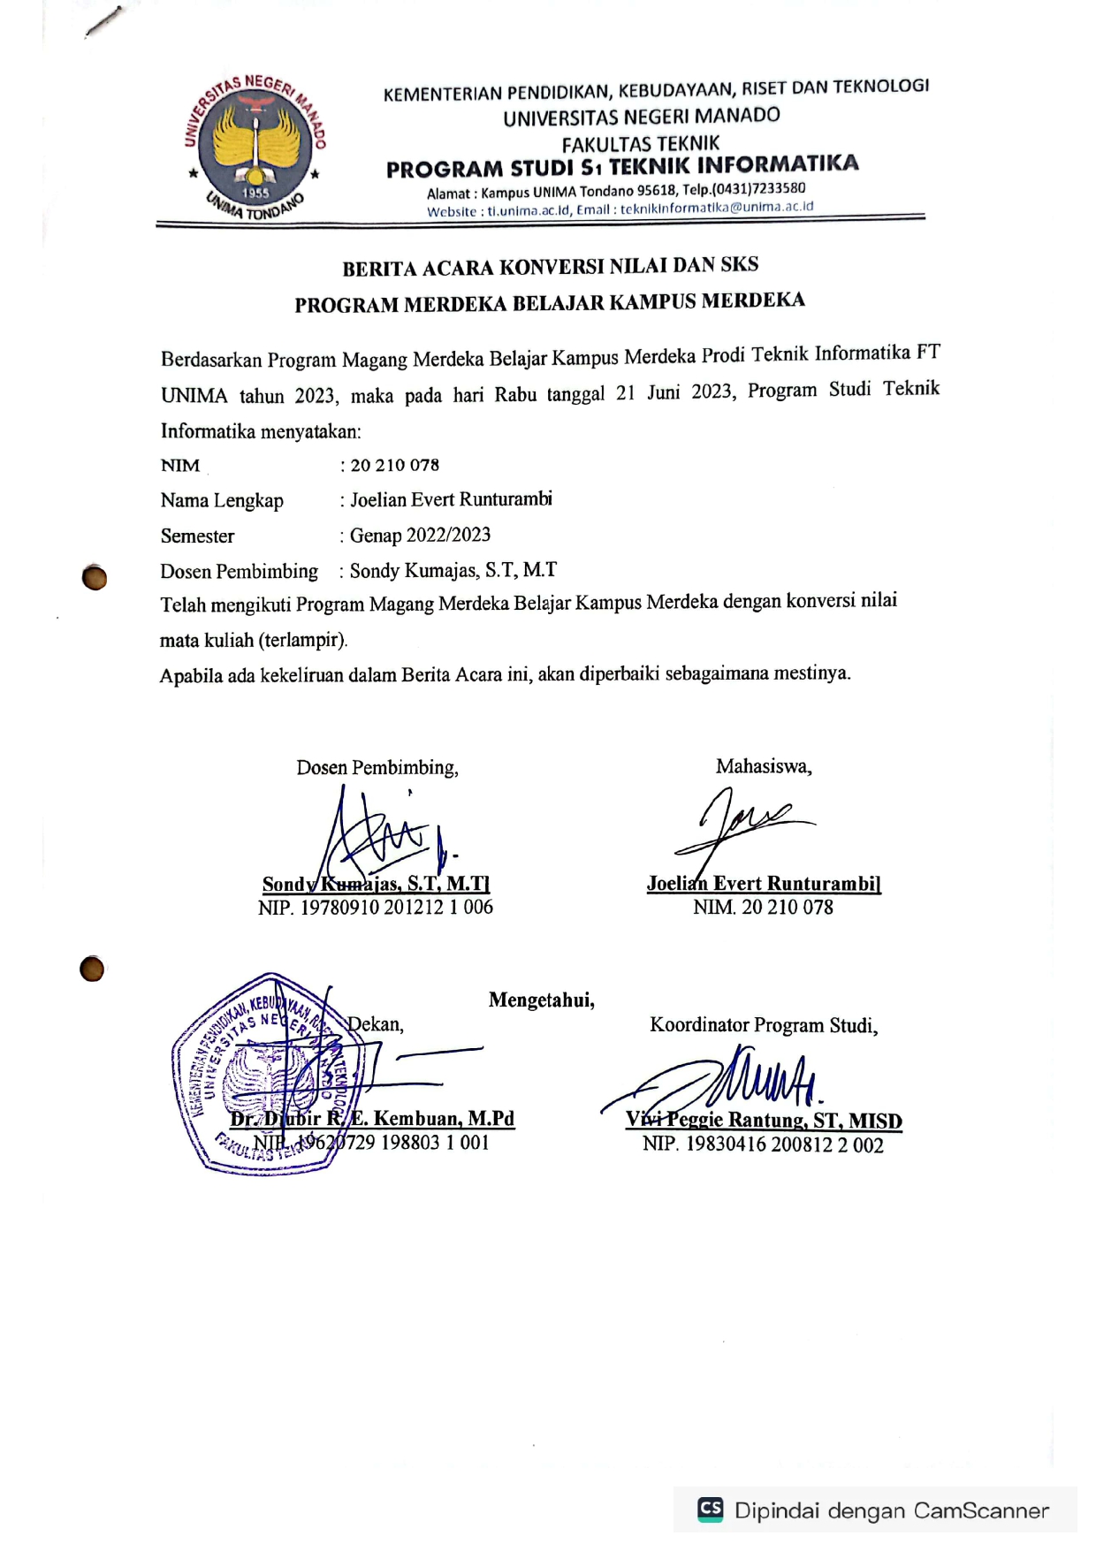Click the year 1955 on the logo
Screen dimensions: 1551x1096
click(255, 192)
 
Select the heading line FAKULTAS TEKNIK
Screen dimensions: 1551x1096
click(641, 142)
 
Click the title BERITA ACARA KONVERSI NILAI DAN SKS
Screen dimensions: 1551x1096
click(550, 266)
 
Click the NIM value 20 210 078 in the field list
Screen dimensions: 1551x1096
click(394, 465)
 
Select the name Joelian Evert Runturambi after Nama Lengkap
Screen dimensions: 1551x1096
click(451, 499)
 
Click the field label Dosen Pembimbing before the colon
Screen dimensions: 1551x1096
click(239, 571)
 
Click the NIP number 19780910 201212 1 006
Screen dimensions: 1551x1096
click(397, 907)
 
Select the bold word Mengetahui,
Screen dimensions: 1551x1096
click(541, 1000)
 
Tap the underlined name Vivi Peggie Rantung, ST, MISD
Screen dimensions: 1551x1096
click(764, 1121)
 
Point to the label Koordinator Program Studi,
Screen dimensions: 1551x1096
click(764, 1025)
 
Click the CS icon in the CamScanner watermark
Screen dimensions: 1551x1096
click(710, 1509)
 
